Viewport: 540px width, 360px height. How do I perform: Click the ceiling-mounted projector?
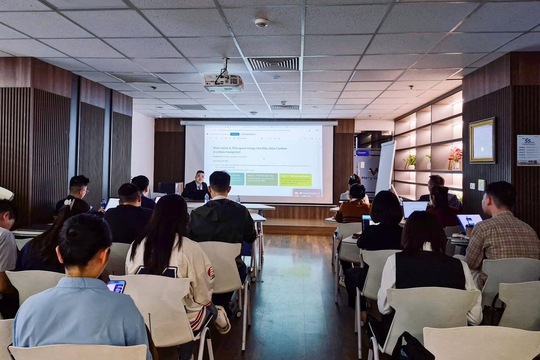point(223,83)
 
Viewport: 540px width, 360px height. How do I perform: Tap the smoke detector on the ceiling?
point(261,22)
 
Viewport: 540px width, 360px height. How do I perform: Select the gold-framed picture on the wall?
point(482,140)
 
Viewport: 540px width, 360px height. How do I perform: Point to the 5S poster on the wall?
point(528,150)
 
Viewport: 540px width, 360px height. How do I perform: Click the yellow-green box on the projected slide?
point(295,180)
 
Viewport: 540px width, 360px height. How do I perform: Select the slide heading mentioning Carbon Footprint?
point(250,150)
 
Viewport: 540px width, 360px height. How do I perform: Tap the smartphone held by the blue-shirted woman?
point(116,286)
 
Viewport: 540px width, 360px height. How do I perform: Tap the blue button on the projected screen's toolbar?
point(234,134)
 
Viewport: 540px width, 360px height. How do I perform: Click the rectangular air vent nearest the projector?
point(273,63)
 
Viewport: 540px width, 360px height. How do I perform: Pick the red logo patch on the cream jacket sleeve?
point(211,272)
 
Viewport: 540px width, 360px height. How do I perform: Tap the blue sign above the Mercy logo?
point(362,153)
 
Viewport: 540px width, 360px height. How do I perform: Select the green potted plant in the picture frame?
point(410,160)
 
